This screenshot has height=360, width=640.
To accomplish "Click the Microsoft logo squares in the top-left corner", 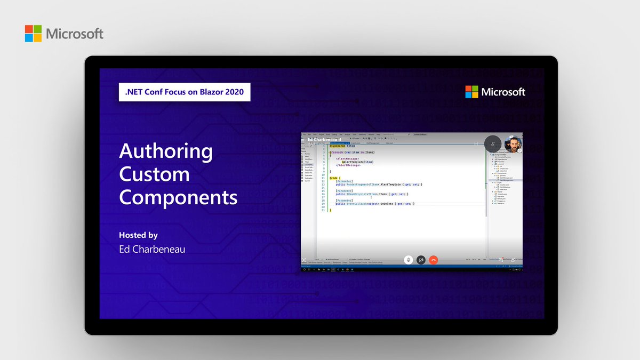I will [x=33, y=33].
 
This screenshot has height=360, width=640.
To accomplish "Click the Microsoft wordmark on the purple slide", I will [x=503, y=92].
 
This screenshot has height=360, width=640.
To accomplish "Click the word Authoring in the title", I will [x=166, y=151].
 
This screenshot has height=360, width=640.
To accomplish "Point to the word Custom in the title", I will [x=154, y=174].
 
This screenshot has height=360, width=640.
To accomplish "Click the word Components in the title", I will [x=178, y=197].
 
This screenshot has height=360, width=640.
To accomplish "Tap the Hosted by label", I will [x=138, y=235].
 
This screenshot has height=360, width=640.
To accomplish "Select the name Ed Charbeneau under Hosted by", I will [x=152, y=249].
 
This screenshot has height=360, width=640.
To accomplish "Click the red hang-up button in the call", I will [x=434, y=260].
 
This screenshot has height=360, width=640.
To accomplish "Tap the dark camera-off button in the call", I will [x=421, y=260].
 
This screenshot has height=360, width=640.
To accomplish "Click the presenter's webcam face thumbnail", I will [x=513, y=144].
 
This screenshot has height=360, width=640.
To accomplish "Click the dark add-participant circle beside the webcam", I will [x=493, y=144].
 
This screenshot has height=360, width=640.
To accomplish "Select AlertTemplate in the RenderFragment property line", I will [x=391, y=184].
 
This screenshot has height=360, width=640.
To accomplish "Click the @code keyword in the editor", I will [x=334, y=178].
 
